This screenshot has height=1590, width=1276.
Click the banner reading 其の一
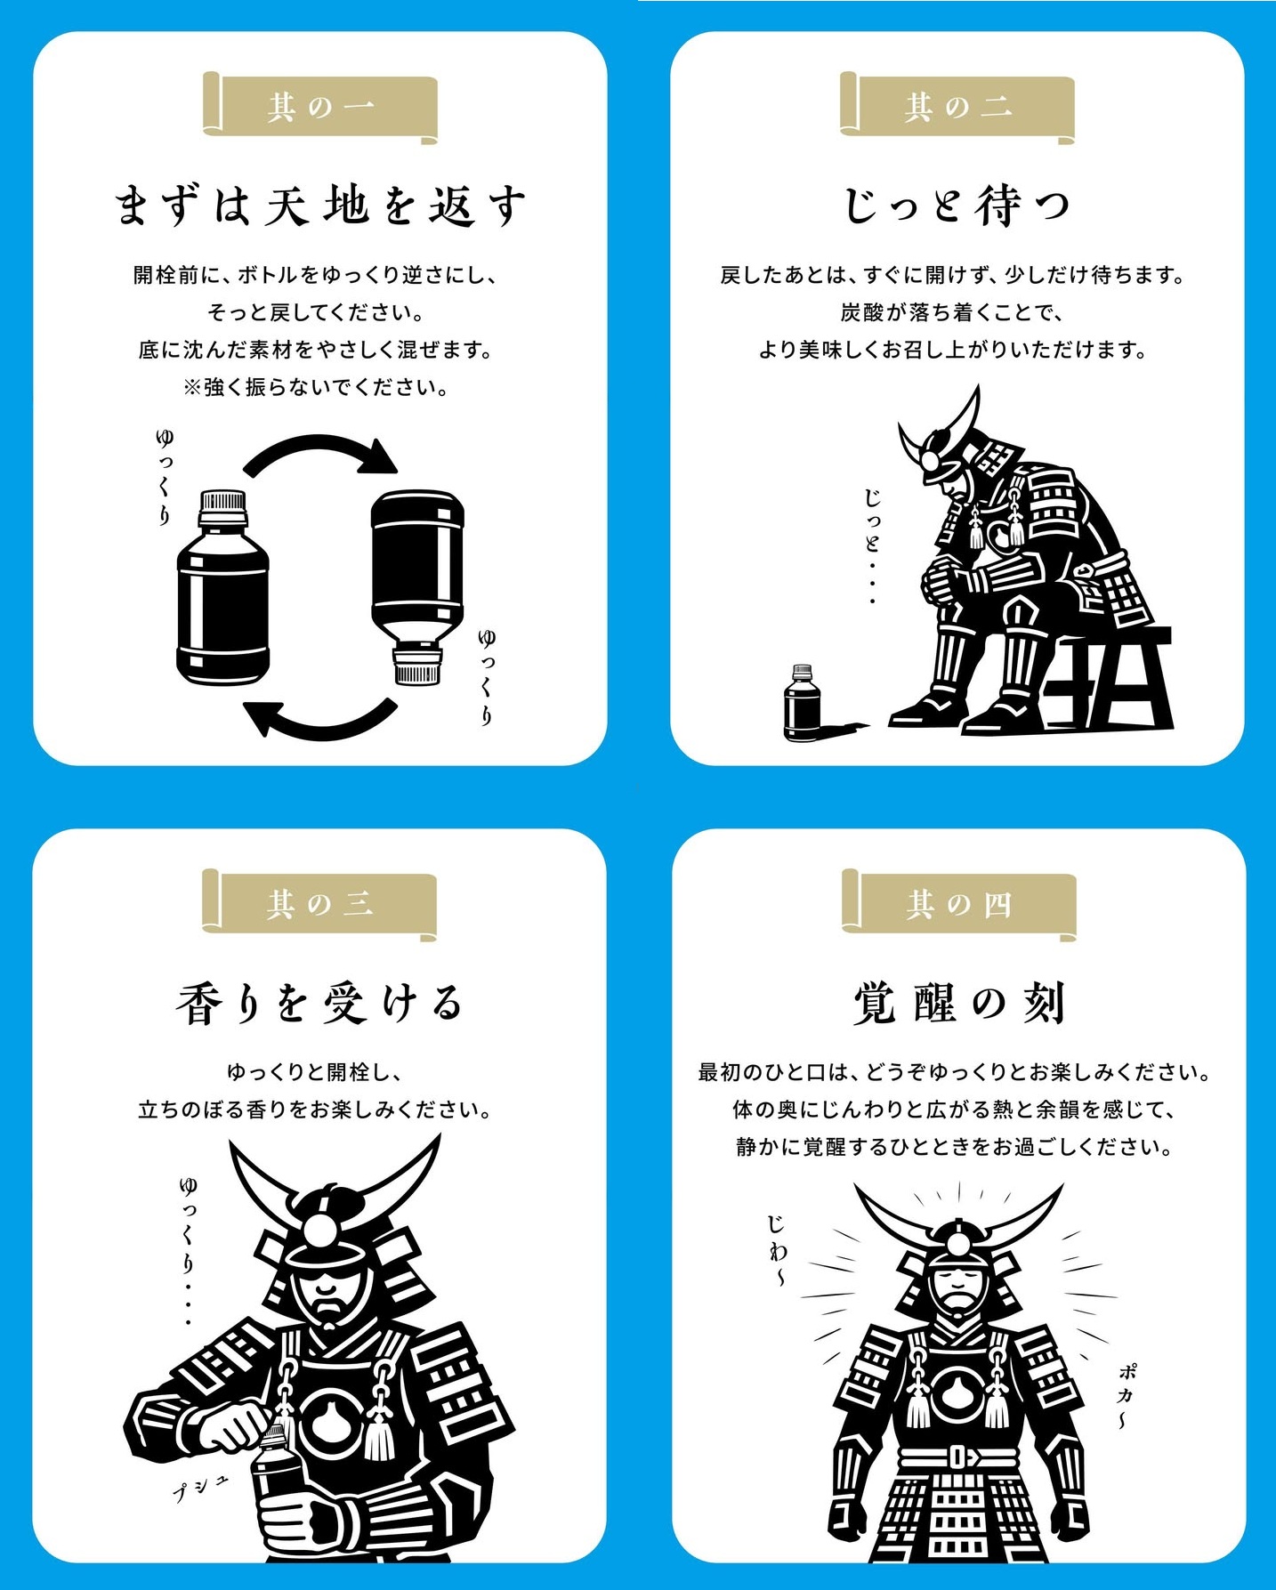(320, 107)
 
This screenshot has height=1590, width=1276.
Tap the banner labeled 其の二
(957, 107)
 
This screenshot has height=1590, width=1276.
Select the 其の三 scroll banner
(319, 904)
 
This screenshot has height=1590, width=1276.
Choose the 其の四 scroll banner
(959, 904)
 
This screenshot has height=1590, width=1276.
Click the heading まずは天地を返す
(320, 206)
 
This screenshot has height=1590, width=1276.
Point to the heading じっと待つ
(957, 206)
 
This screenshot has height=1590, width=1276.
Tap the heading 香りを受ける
(319, 1003)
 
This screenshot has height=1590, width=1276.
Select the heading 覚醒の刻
(959, 1003)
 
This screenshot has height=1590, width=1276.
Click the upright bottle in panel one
(222, 587)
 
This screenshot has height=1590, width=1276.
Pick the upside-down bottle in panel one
(417, 587)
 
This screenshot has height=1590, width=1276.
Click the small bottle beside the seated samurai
(803, 702)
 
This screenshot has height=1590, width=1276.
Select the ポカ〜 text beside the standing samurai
(1127, 1395)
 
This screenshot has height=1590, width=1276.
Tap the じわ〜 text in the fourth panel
(777, 1249)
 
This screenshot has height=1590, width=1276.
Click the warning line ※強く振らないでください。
(316, 387)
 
